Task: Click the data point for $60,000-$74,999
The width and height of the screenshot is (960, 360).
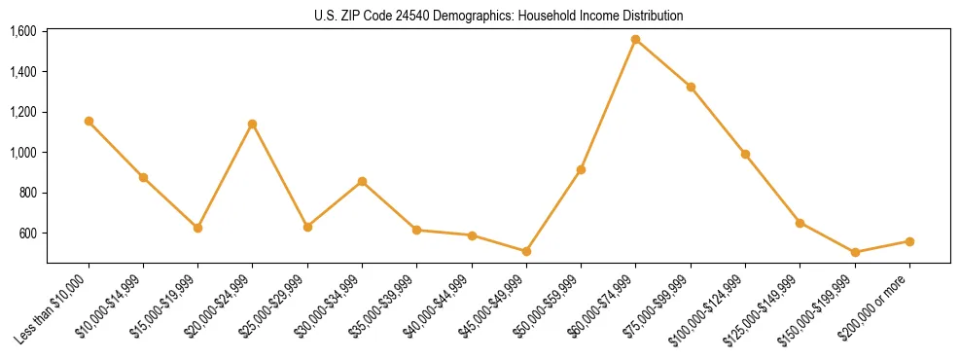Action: point(635,40)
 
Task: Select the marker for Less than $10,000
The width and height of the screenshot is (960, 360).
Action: point(89,122)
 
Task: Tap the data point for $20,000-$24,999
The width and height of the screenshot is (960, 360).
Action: point(253,124)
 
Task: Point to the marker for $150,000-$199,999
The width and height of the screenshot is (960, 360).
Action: point(855,253)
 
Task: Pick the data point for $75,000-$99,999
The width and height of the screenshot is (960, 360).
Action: point(691,88)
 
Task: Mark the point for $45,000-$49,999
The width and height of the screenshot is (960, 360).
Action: point(526,251)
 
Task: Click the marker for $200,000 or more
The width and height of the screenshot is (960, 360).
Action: point(909,241)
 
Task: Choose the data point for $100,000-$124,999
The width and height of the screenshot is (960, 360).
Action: point(745,154)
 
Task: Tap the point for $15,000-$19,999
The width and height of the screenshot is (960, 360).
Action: point(198,228)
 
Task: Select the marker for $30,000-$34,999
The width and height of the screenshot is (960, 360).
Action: point(362,181)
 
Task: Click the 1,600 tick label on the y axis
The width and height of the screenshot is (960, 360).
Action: point(23,31)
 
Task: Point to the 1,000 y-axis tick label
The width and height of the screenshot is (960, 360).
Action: point(23,153)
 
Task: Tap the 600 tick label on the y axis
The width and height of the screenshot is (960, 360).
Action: point(29,234)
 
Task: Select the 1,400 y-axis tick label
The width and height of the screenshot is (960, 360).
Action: point(23,72)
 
